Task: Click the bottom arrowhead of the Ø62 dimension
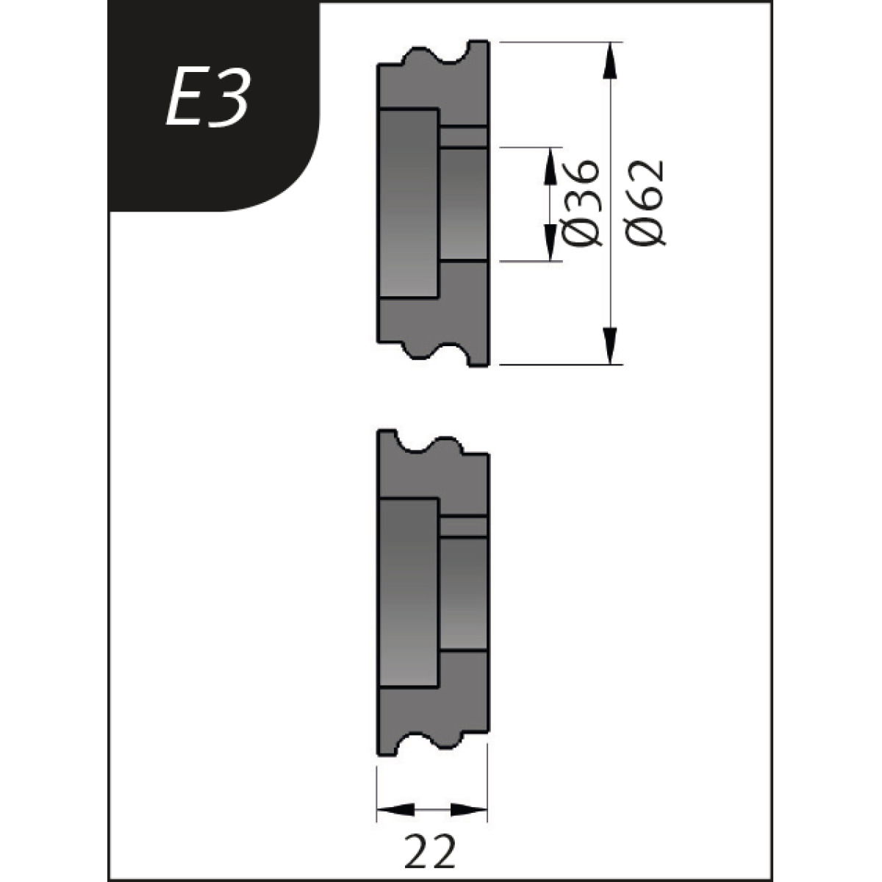(609, 345)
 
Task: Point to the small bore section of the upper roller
(463, 204)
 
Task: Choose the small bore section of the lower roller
(463, 594)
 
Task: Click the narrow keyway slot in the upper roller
(463, 137)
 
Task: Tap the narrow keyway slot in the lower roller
(463, 527)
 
